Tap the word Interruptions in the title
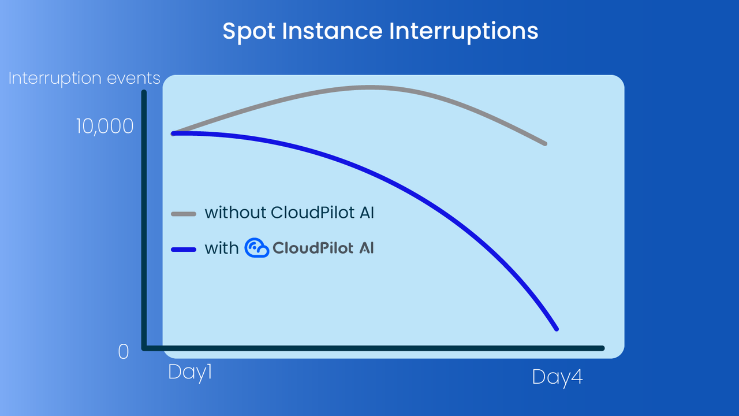coord(464,31)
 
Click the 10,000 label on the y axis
coord(104,127)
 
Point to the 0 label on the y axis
coord(123,351)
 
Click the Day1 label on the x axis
coord(190,372)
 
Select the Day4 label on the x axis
coord(557,378)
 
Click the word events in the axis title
coord(136,79)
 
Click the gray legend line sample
coord(184,214)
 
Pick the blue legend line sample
coord(184,249)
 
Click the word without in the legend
coord(236,213)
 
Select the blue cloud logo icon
coord(256,248)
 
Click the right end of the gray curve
coord(545,143)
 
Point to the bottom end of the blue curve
coord(556,329)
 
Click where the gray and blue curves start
coord(173,133)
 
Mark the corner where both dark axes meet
coord(144,347)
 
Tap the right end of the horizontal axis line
coord(602,348)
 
